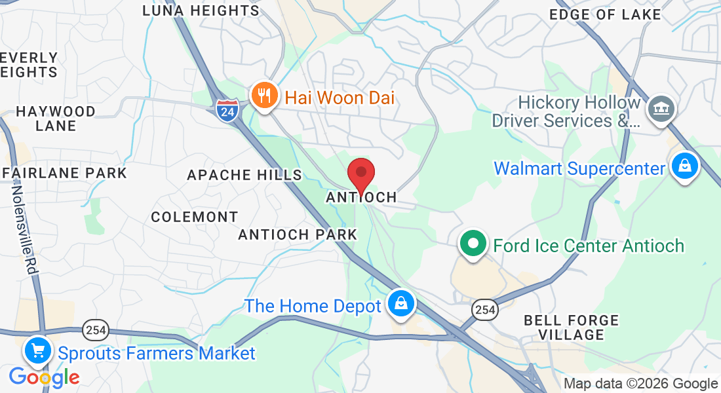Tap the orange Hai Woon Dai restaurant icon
[264, 96]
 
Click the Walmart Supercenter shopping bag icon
[684, 166]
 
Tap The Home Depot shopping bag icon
[399, 303]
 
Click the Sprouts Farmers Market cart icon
[37, 351]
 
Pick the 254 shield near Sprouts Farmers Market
[96, 329]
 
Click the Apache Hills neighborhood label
[244, 175]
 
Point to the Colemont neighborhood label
[195, 217]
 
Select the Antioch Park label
[298, 234]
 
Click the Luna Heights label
[201, 11]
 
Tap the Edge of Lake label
[605, 14]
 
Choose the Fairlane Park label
[64, 174]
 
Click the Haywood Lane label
[56, 119]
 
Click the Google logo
[44, 378]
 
